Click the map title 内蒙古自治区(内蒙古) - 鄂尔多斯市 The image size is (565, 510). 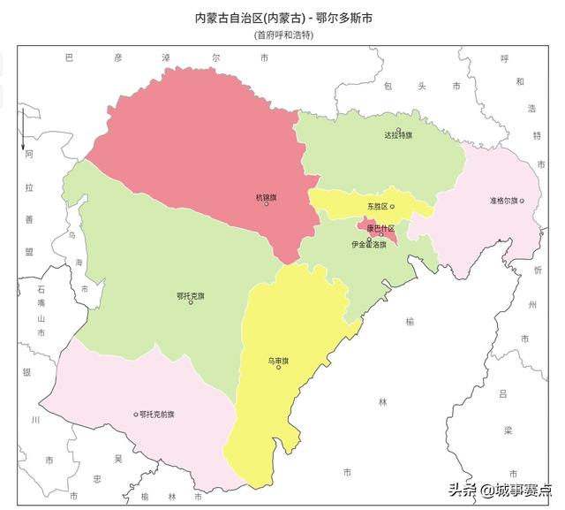click(x=282, y=17)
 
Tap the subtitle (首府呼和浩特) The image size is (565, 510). click(x=282, y=35)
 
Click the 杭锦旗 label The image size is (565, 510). click(x=266, y=196)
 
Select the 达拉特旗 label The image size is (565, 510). click(x=398, y=135)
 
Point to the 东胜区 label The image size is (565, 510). click(x=378, y=206)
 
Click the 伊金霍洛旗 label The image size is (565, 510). click(x=369, y=244)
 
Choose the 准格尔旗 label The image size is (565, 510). click(x=503, y=201)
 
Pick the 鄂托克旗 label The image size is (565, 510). click(x=191, y=295)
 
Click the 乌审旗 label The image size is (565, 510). click(x=278, y=360)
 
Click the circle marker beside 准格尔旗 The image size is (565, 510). click(x=522, y=201)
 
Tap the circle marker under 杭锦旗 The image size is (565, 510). click(x=266, y=204)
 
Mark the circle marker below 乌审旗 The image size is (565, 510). click(x=278, y=368)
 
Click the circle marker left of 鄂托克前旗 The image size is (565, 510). click(x=136, y=414)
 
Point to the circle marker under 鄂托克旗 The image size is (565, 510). click(x=191, y=303)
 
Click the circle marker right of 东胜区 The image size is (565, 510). click(x=393, y=206)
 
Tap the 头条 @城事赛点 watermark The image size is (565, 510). click(x=500, y=489)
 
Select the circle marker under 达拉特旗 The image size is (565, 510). click(x=398, y=143)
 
